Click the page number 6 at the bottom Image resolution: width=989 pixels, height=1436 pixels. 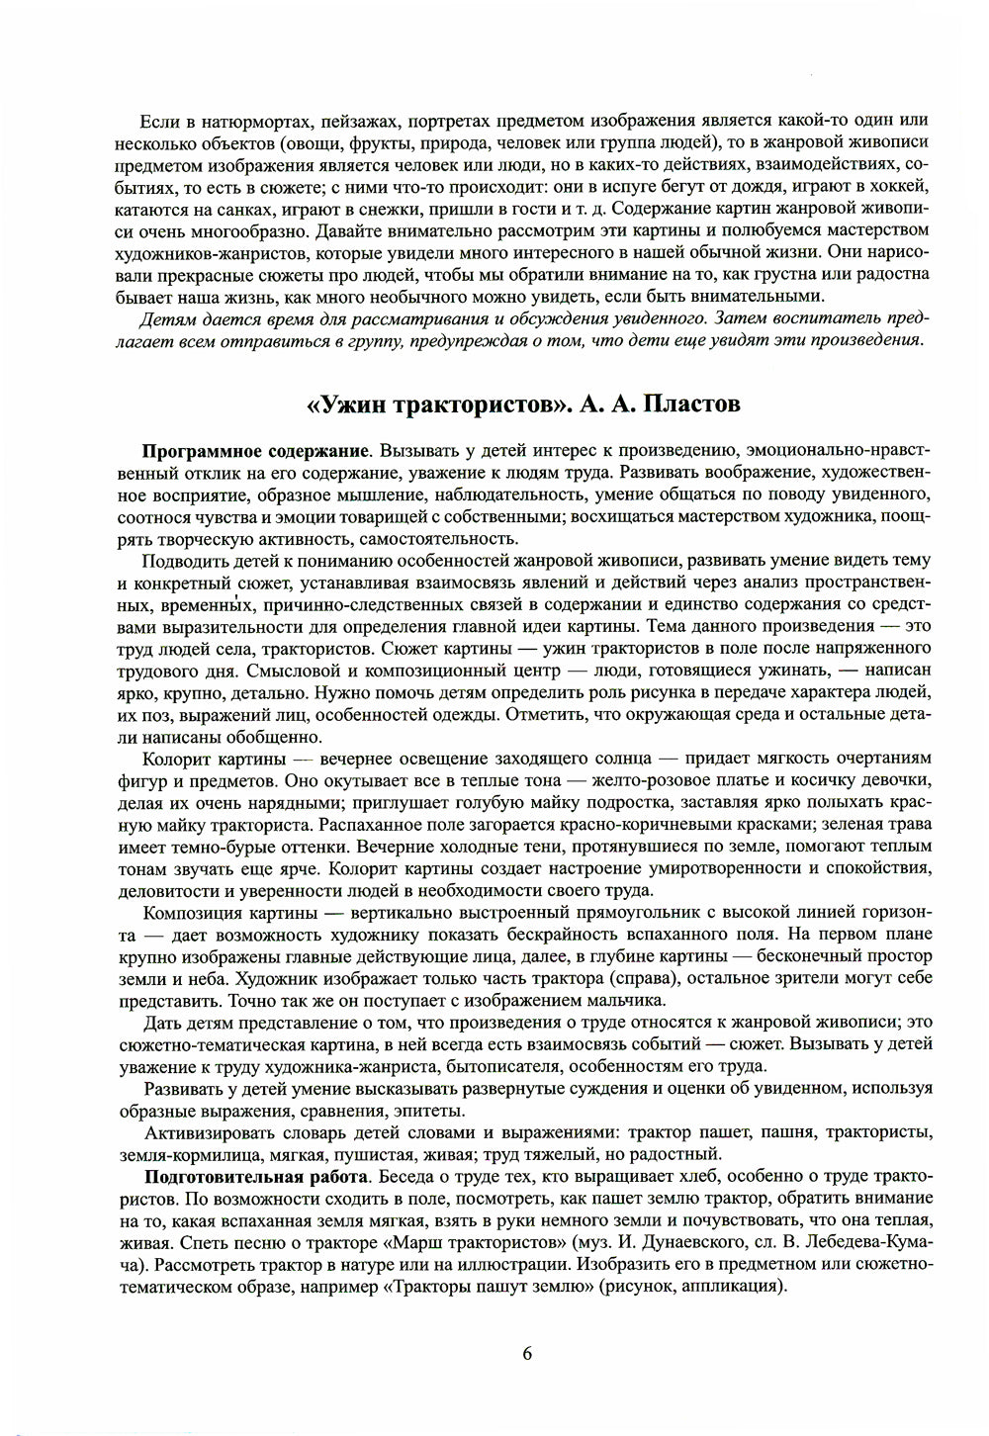pos(527,1354)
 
